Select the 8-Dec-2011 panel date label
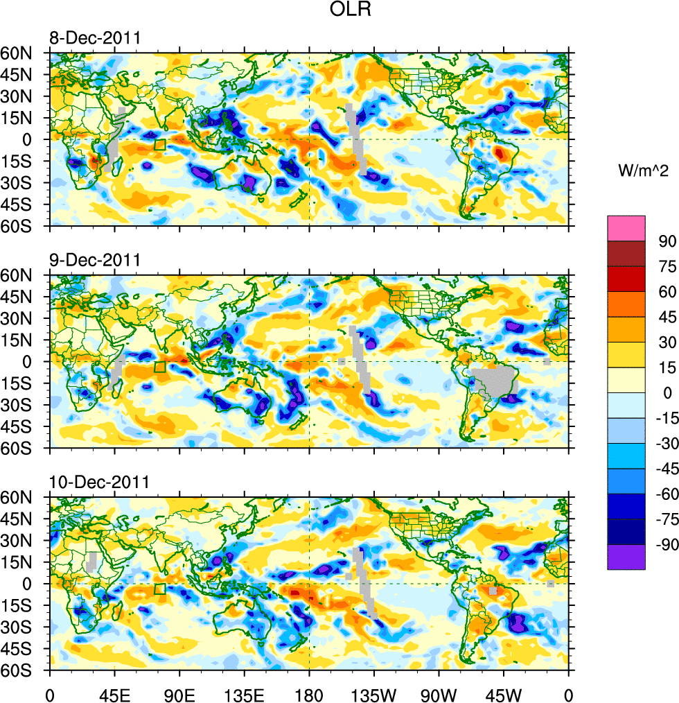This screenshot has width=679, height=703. point(94,38)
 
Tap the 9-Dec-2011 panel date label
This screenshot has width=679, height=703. point(94,261)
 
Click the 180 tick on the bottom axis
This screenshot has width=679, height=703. point(309,693)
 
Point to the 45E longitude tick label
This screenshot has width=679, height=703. point(114,693)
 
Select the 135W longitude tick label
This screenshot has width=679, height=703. point(374,693)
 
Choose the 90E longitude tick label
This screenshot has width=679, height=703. point(179,693)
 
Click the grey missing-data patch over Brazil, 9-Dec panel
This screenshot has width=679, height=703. point(493,381)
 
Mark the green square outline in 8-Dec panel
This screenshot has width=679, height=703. point(160,145)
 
